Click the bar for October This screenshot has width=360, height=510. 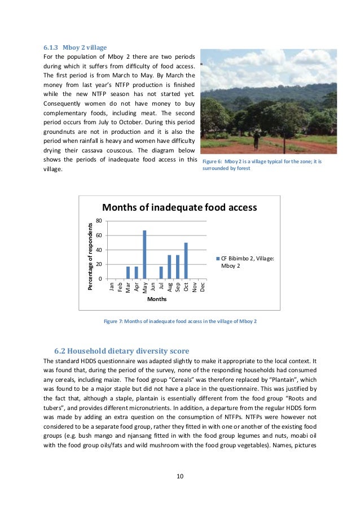[186, 261]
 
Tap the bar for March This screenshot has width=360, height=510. [128, 273]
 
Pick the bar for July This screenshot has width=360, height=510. [161, 273]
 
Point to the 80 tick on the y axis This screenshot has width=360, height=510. [99, 220]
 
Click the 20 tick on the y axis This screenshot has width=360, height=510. [99, 264]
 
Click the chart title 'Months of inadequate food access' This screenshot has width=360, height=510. [179, 207]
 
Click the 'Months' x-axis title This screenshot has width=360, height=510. [156, 300]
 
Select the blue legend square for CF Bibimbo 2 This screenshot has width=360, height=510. [218, 259]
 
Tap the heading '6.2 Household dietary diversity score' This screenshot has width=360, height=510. [121, 350]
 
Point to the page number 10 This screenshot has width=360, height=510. [179, 476]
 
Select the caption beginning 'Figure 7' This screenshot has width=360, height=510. [180, 321]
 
